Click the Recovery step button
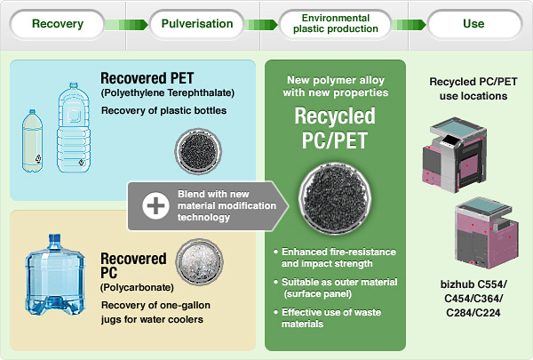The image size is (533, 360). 58,24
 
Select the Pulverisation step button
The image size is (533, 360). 197,24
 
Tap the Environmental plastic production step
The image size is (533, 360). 336,24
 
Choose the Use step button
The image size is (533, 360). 473,24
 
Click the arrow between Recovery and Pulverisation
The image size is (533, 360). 126,25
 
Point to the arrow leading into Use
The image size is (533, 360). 409,25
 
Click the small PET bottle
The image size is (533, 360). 32,140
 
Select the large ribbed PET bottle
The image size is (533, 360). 74,127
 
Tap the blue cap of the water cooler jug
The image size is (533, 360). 55,241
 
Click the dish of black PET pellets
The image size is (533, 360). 198,151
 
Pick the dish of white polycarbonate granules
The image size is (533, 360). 200,261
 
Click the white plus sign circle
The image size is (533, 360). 155,205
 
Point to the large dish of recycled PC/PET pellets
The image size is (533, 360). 335,199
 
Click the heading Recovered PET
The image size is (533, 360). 147,78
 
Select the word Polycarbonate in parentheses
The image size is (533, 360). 137,287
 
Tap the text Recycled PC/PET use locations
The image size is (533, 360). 473,89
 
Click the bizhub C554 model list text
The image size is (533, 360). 473,299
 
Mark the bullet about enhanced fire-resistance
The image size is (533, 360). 335,258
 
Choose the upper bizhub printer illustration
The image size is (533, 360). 455,155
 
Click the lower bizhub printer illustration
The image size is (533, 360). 487,233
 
